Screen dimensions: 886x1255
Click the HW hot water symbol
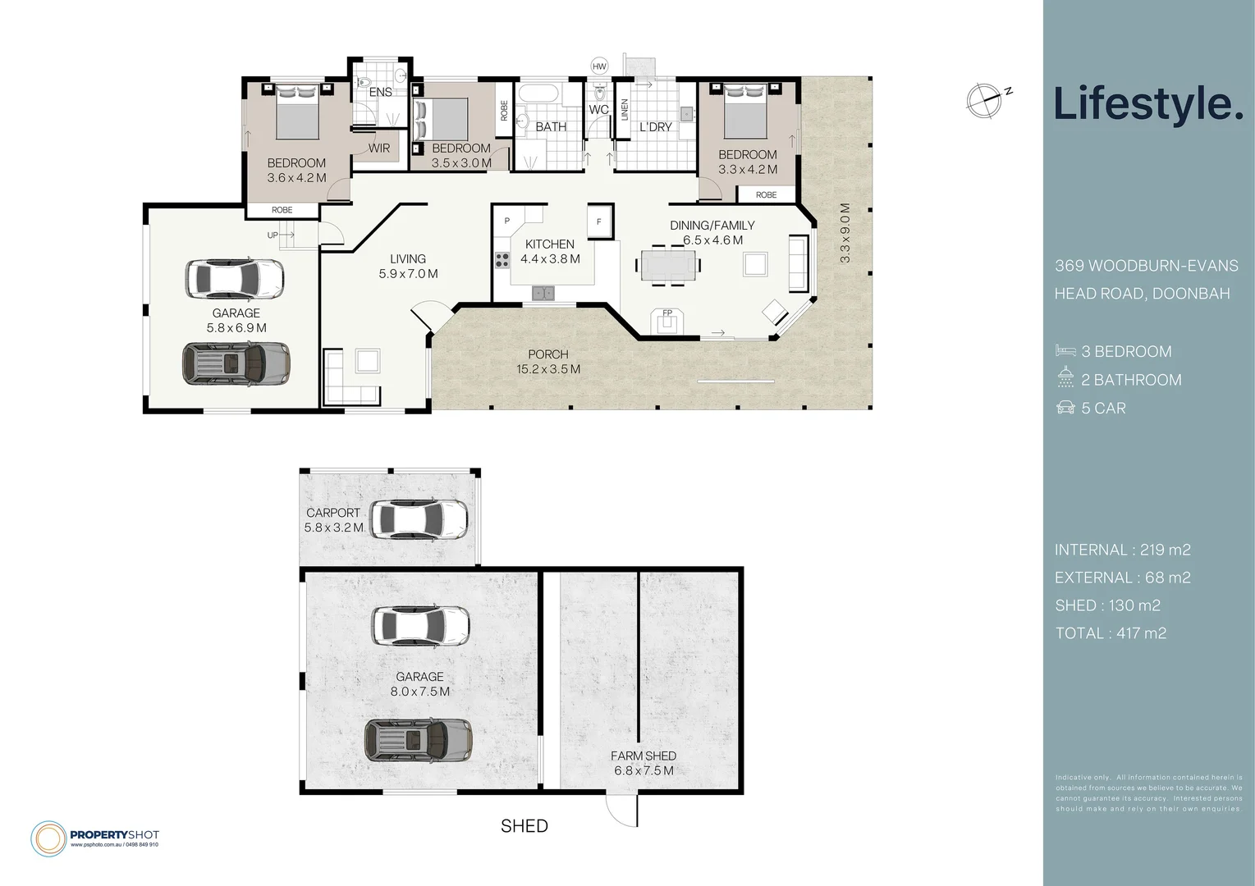pos(599,66)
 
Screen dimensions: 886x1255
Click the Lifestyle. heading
pos(1147,104)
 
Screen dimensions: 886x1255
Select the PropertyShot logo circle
pos(48,838)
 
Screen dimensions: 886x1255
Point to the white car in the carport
pos(419,518)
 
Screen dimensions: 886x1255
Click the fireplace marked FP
pos(666,321)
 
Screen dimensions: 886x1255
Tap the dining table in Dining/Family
pos(668,266)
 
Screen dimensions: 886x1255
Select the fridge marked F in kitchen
pos(599,221)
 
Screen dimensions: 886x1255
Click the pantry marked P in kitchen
pos(507,221)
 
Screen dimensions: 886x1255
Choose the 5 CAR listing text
pos(1103,409)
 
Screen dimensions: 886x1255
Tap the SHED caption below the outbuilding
pos(524,826)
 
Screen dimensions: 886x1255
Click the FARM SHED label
pos(644,756)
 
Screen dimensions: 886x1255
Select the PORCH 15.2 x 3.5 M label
pos(547,362)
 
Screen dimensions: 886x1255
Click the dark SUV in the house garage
pos(236,363)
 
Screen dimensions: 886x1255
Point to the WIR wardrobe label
pos(379,148)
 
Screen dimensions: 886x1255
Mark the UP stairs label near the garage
pos(273,235)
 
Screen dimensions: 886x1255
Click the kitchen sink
pos(542,292)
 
